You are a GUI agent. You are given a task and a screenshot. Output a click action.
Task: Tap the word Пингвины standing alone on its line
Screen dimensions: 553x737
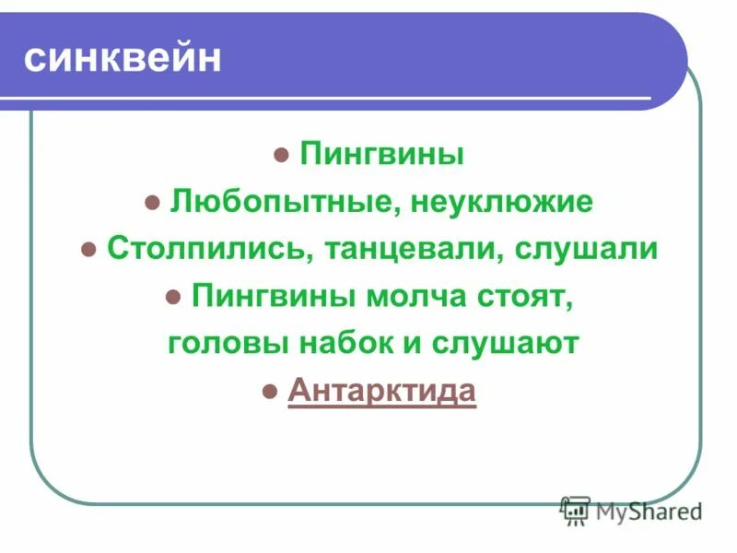click(381, 154)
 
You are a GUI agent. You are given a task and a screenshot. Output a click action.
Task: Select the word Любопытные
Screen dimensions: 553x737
click(279, 202)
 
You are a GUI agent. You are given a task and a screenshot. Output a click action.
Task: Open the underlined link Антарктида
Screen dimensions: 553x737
click(382, 391)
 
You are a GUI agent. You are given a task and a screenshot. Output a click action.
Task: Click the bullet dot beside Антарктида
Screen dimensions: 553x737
click(270, 393)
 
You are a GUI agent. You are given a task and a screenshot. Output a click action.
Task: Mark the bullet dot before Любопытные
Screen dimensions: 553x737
click(153, 203)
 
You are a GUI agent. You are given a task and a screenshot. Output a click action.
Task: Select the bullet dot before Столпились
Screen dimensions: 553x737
click(89, 251)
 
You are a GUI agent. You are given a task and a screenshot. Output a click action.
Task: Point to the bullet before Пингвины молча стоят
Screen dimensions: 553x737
click(172, 298)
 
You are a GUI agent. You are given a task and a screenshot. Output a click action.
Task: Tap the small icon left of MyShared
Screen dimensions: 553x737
click(575, 510)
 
